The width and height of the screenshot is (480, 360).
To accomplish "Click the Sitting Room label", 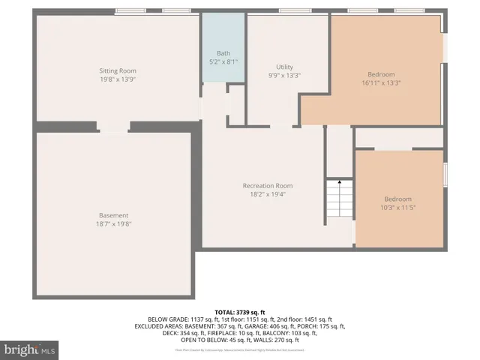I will click(x=118, y=70).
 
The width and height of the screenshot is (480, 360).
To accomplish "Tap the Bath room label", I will click(x=223, y=53).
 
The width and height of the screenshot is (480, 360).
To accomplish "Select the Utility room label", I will click(x=284, y=67).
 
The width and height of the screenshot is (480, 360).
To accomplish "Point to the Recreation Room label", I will click(x=267, y=185).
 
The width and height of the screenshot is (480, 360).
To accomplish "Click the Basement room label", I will click(x=113, y=215).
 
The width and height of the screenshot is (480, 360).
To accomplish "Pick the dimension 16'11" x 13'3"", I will click(x=381, y=82).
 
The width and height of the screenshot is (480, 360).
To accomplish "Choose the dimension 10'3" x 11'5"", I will click(x=397, y=207).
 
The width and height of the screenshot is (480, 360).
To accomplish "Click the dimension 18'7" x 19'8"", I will click(x=113, y=223).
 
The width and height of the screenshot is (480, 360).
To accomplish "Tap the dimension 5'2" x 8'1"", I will click(x=223, y=61).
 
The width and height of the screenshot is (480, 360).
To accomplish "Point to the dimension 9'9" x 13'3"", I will click(x=284, y=75).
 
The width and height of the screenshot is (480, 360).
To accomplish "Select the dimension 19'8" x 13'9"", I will click(x=118, y=79).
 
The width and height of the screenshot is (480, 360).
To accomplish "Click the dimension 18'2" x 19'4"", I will click(x=267, y=193).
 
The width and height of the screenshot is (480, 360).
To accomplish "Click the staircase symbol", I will click(x=338, y=202).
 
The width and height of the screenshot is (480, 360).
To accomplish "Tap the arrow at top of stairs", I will click(x=339, y=181).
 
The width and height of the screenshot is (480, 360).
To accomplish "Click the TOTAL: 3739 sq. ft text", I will click(x=240, y=312).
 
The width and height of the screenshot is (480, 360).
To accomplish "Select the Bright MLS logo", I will click(x=30, y=349).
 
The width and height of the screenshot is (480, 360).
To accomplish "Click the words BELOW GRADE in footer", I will click(x=166, y=319).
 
